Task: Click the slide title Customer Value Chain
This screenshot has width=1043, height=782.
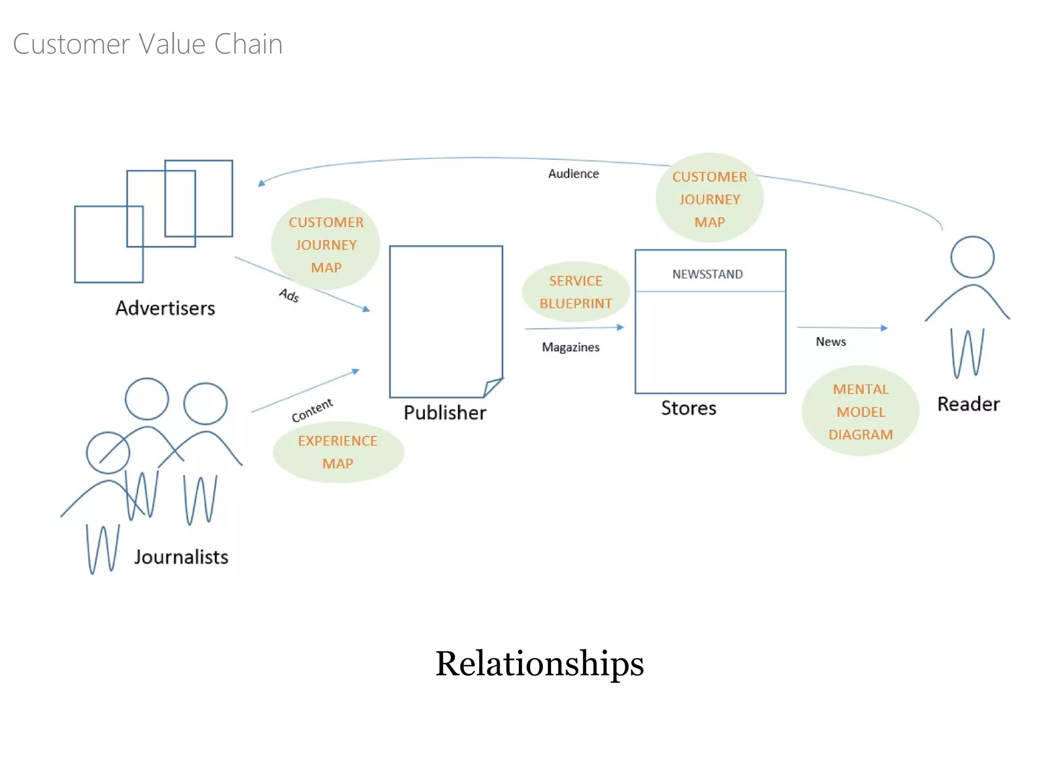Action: click(x=148, y=44)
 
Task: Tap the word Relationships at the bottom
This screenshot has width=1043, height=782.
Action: click(x=539, y=663)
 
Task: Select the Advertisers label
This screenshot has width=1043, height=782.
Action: click(x=165, y=308)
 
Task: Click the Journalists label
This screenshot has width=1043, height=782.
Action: click(x=181, y=557)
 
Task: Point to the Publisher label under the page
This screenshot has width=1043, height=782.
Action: click(x=445, y=412)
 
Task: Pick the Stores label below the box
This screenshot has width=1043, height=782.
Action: click(x=689, y=408)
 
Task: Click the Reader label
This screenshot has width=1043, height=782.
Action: click(x=968, y=404)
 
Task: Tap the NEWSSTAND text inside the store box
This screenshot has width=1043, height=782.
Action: click(x=707, y=274)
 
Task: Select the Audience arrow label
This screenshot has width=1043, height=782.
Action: click(x=573, y=174)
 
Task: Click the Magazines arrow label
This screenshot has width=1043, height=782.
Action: click(x=570, y=347)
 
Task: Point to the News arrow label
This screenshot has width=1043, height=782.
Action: click(x=831, y=342)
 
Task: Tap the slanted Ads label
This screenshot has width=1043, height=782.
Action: click(x=289, y=295)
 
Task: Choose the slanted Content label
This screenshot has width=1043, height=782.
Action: click(x=312, y=410)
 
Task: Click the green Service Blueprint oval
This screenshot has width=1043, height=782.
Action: click(x=575, y=292)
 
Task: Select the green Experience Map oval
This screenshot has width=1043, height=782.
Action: click(x=338, y=452)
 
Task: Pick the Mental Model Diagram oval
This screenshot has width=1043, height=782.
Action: click(x=860, y=411)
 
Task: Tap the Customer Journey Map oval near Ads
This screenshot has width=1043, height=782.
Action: click(x=326, y=244)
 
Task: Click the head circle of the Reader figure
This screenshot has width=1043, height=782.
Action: click(x=972, y=257)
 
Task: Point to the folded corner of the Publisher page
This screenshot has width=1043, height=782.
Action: click(x=491, y=387)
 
